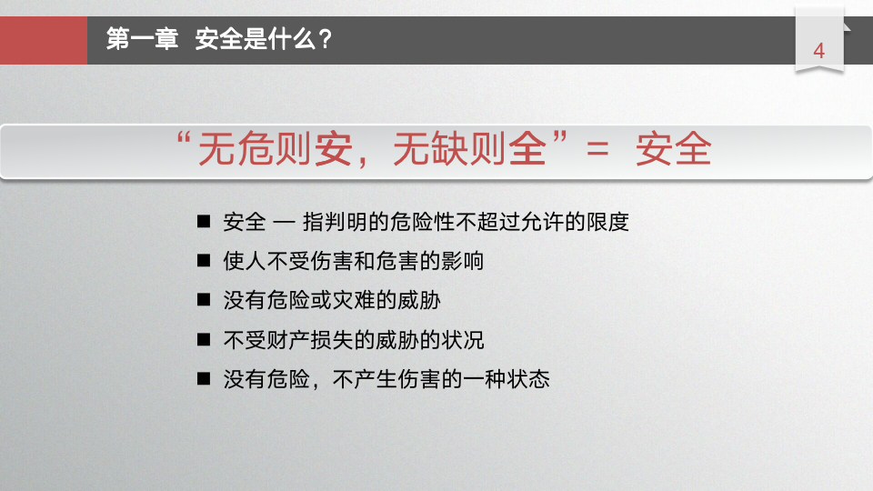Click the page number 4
[x=818, y=51]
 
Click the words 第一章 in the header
[x=143, y=40]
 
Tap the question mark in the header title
[x=325, y=40]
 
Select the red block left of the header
[x=44, y=40]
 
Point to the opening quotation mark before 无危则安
[x=184, y=141]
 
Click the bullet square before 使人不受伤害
[x=204, y=262]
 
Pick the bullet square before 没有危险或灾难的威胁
[x=204, y=301]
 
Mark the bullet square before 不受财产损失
[x=204, y=341]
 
